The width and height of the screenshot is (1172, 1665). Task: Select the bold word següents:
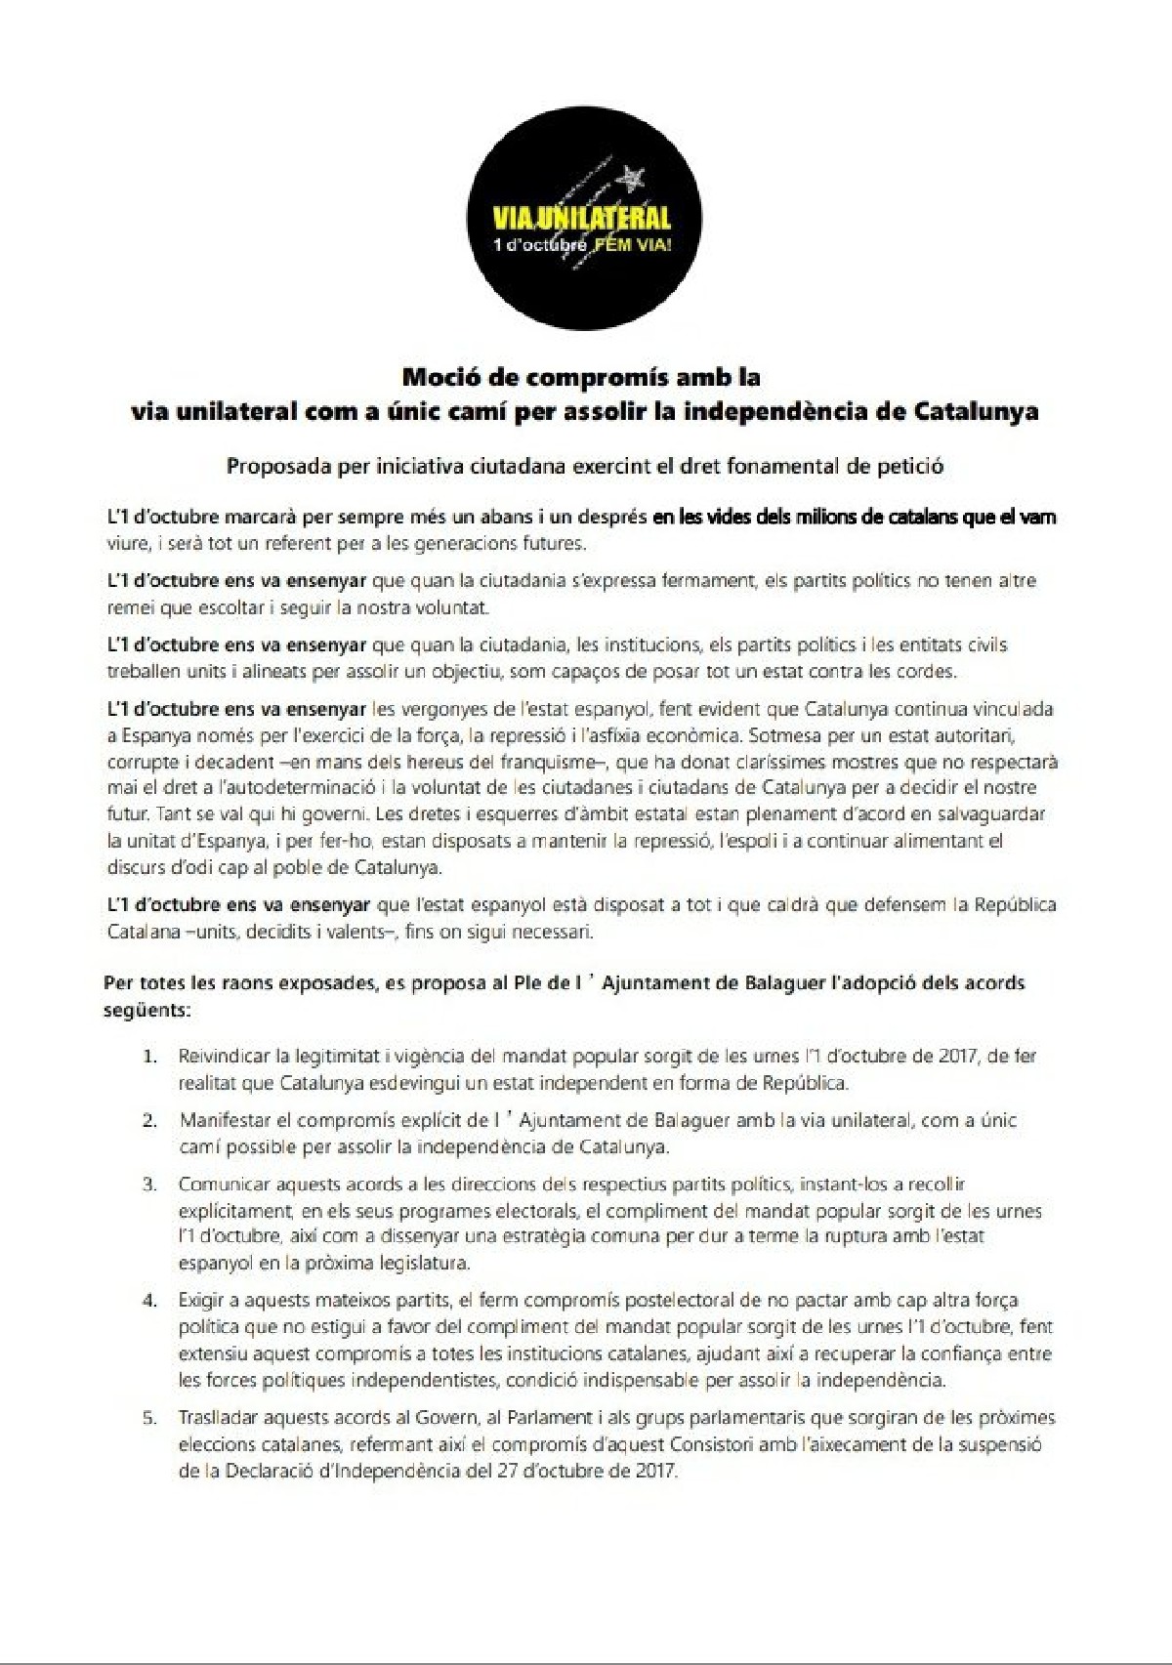click(x=147, y=1010)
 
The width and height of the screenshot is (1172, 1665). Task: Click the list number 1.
click(x=149, y=1057)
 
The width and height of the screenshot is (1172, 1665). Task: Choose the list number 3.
click(x=149, y=1185)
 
